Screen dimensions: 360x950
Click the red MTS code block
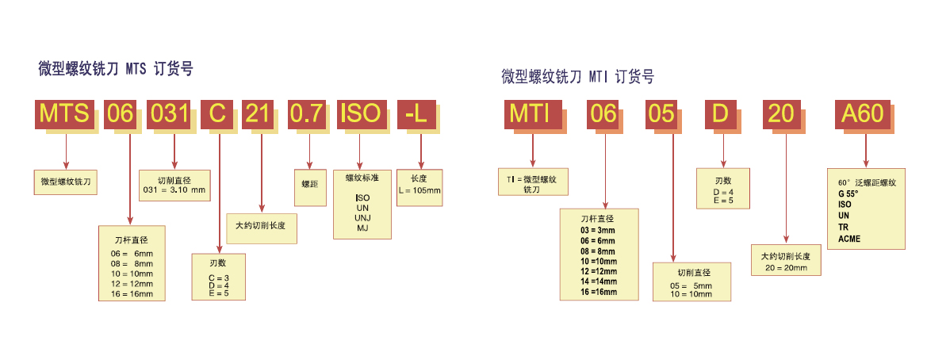[x=66, y=113]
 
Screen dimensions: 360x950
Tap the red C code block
[x=217, y=113]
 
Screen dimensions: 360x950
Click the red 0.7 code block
[x=307, y=113]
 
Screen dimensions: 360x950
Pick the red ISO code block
[x=360, y=113]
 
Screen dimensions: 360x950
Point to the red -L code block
[x=416, y=113]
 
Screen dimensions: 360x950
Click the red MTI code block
[x=531, y=114]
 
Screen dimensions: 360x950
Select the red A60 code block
[x=863, y=114]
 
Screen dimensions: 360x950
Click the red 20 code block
[x=782, y=114]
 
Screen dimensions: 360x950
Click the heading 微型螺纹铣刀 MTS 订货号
[x=116, y=69]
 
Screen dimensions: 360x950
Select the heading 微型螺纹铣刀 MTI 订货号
[x=578, y=77]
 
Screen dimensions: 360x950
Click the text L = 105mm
[x=419, y=190]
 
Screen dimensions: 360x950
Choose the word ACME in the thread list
[x=849, y=239]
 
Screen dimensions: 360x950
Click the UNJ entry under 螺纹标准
[x=362, y=217]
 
